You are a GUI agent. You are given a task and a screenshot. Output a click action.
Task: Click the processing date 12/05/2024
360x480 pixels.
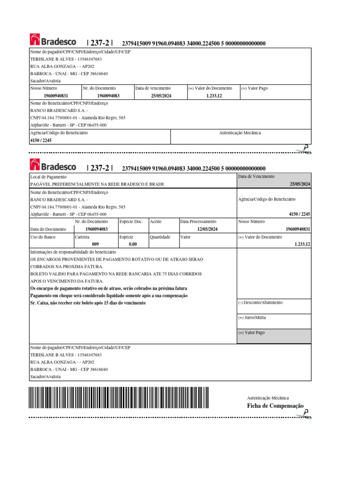[208, 229]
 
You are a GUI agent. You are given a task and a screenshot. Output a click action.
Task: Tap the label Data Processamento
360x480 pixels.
[198, 221]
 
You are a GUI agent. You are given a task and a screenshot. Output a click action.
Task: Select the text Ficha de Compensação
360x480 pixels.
[275, 406]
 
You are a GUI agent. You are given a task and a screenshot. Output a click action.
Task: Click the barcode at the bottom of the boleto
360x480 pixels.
[119, 398]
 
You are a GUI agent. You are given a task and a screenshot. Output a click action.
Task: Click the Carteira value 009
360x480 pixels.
[96, 244]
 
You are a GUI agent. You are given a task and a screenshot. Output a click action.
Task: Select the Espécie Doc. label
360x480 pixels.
[131, 221]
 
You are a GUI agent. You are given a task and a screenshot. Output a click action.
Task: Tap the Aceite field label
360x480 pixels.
[156, 221]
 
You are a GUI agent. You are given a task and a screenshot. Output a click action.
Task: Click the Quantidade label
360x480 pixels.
[160, 237]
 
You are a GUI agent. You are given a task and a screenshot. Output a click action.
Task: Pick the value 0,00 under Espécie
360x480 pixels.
[133, 244]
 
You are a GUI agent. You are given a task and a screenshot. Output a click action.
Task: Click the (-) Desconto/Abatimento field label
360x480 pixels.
[260, 302]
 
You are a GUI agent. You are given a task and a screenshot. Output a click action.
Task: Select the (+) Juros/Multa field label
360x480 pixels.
[252, 317]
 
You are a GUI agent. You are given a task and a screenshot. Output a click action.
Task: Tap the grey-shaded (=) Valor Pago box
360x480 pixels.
[274, 336]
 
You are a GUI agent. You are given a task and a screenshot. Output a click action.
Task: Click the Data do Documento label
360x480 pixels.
[48, 229]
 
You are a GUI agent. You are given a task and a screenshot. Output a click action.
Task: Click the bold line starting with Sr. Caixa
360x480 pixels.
[88, 303]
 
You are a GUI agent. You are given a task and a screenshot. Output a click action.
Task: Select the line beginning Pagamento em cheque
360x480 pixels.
[109, 295]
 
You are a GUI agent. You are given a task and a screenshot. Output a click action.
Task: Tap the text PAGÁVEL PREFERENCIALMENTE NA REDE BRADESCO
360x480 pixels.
[97, 184]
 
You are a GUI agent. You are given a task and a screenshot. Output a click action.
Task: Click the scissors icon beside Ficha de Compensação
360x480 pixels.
[306, 413]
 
